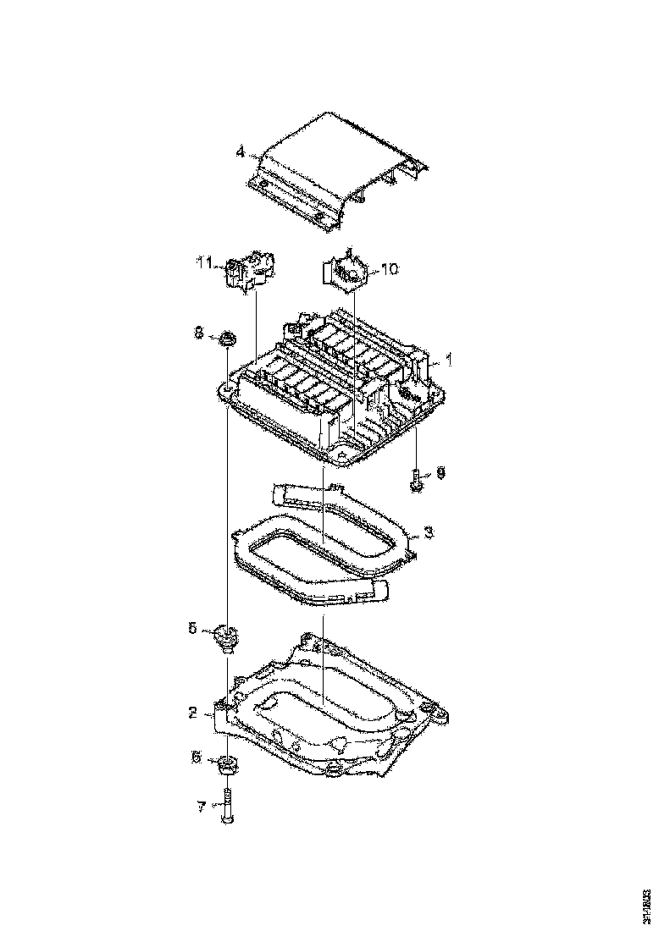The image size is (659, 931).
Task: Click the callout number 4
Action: click(x=241, y=152)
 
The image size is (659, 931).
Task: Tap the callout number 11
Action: click(x=203, y=264)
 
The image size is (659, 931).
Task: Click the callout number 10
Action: click(x=389, y=269)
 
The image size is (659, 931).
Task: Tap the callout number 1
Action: click(x=450, y=360)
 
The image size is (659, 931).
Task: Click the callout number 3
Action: click(x=429, y=532)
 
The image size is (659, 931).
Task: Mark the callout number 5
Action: click(x=192, y=628)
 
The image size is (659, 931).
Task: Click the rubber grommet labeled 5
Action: click(x=227, y=637)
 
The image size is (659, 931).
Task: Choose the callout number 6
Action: click(x=196, y=758)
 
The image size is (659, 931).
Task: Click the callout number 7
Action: click(x=201, y=807)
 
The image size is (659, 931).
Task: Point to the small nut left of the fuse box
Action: click(x=227, y=341)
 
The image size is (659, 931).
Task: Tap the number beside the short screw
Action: click(x=440, y=471)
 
